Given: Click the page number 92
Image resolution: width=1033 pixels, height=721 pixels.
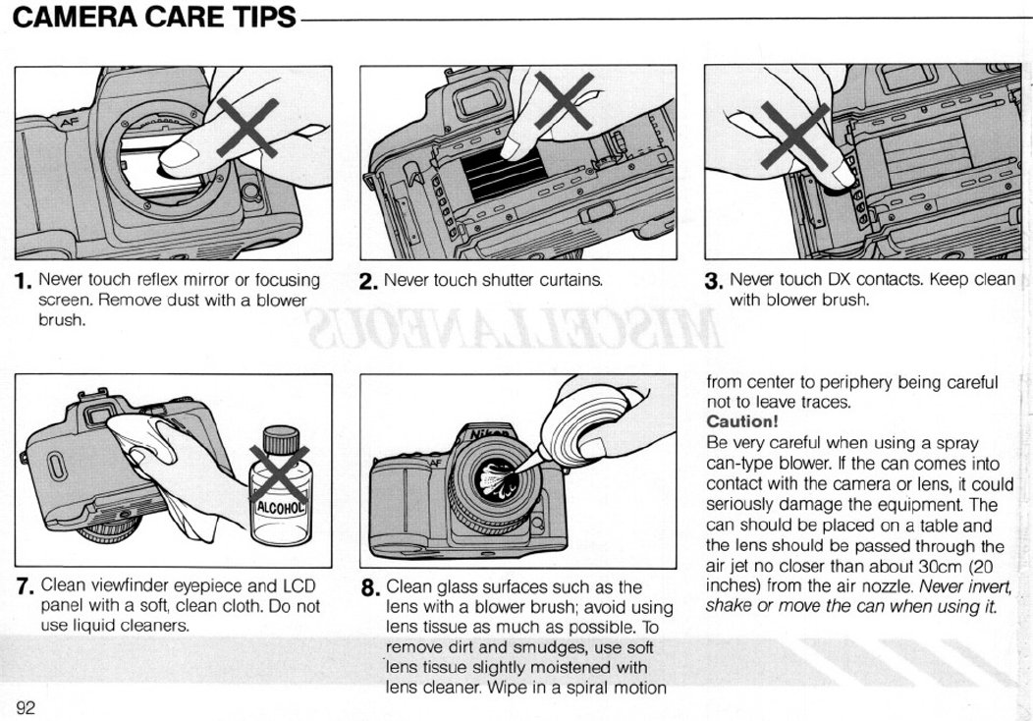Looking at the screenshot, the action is point(25,708).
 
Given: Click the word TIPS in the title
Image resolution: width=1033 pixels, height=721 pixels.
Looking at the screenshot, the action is point(263,17).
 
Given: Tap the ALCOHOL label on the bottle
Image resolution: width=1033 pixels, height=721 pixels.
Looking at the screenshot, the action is point(281,508).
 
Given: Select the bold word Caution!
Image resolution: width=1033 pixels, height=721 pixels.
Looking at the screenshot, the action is point(741,421).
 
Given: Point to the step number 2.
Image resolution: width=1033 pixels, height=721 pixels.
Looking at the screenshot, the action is point(368,282).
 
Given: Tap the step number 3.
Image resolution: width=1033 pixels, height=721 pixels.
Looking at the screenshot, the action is point(714,281).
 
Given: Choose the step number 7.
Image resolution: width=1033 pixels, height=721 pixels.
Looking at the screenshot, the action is point(24,586).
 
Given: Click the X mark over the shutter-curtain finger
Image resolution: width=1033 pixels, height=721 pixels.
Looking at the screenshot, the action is point(564,100).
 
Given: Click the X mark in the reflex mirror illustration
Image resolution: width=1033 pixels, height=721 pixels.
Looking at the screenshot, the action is point(247,128).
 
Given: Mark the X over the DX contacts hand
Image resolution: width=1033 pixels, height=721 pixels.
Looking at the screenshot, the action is point(795,136).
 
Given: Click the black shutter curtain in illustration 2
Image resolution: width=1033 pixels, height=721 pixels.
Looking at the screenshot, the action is point(505,175).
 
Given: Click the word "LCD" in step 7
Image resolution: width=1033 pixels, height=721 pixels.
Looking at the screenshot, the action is point(299,585).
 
